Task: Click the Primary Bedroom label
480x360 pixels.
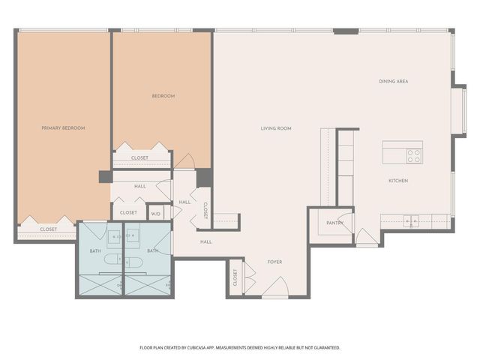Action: pyautogui.click(x=63, y=128)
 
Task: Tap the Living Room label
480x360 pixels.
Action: pyautogui.click(x=276, y=128)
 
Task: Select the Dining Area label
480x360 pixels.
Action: pyautogui.click(x=393, y=81)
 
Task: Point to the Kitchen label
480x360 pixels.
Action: pyautogui.click(x=397, y=181)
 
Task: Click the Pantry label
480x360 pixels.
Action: pyautogui.click(x=334, y=223)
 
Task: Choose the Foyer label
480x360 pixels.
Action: pyautogui.click(x=274, y=262)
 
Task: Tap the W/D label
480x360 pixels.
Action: pyautogui.click(x=156, y=214)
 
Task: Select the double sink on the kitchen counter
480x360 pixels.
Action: pyautogui.click(x=411, y=220)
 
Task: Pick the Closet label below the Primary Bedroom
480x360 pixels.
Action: pyautogui.click(x=48, y=229)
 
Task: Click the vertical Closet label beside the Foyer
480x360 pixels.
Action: pyautogui.click(x=235, y=277)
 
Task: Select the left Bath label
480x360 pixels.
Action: pyautogui.click(x=95, y=250)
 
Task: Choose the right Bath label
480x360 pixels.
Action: pyautogui.click(x=152, y=250)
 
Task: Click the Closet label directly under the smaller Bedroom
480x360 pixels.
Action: pyautogui.click(x=139, y=158)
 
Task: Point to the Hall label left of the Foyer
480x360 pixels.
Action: pyautogui.click(x=205, y=241)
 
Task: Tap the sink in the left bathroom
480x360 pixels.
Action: pyautogui.click(x=115, y=238)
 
